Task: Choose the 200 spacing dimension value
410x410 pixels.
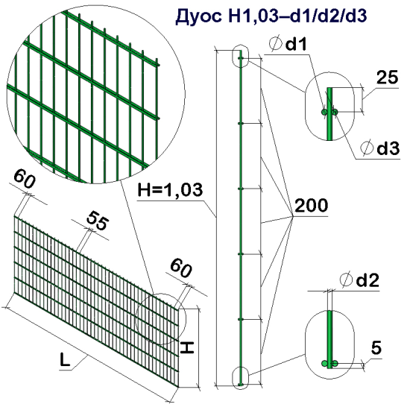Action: click(310, 206)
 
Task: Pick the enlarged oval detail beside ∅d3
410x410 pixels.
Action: click(329, 110)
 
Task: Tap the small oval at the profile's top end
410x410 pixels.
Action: click(240, 57)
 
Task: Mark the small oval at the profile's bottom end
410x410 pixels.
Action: click(240, 376)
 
